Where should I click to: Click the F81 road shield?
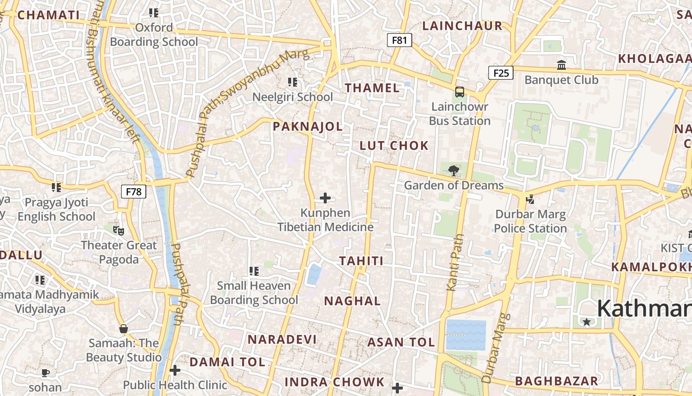[399, 40]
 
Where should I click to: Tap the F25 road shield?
[501, 73]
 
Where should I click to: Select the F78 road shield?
[133, 192]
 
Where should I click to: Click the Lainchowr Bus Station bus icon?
[460, 92]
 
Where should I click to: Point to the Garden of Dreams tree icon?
[453, 171]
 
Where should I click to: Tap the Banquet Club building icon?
[562, 65]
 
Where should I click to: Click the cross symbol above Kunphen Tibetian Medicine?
[325, 198]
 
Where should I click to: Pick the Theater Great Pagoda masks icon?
[119, 230]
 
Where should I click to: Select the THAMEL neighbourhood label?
[372, 88]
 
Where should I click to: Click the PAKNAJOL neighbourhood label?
[308, 127]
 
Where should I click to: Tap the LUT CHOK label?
[394, 146]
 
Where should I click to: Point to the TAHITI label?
[361, 261]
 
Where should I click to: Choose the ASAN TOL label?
[401, 342]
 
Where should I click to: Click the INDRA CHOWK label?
[335, 382]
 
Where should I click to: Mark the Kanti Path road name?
[455, 262]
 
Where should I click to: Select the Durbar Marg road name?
[496, 348]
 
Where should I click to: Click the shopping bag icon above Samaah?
[124, 329]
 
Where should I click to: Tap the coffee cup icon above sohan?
[45, 373]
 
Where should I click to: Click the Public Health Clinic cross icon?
[175, 370]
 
